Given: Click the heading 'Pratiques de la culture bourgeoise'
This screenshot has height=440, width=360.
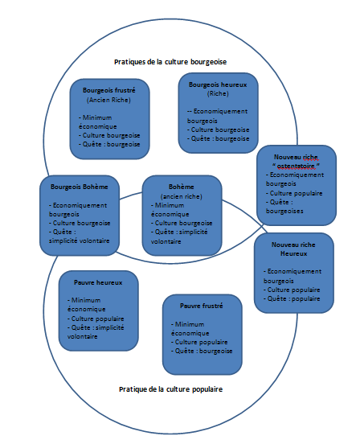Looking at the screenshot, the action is [x=170, y=62].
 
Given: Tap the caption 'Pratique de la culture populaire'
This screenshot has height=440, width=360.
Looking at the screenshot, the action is [x=170, y=389].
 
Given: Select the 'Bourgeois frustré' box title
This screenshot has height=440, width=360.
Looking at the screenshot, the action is [x=109, y=90].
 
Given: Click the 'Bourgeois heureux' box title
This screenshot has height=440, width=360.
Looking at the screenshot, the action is [x=218, y=84].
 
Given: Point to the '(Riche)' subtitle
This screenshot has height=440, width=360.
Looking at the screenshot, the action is [x=218, y=94].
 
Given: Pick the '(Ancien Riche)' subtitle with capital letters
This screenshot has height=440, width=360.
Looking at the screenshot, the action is [x=108, y=100].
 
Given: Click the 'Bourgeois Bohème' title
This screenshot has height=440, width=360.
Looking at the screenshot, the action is [x=80, y=187].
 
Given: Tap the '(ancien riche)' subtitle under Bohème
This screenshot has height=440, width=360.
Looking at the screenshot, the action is [x=182, y=196].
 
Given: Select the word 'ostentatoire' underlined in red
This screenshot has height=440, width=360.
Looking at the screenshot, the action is [x=296, y=167].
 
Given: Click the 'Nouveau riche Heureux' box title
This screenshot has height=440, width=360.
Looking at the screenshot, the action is [x=293, y=249].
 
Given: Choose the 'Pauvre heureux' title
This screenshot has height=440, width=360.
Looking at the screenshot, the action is [x=98, y=282].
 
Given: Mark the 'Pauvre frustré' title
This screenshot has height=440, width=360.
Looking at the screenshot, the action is [x=202, y=306].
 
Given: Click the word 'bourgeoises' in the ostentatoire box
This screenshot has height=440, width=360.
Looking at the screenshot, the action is [x=284, y=211].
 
